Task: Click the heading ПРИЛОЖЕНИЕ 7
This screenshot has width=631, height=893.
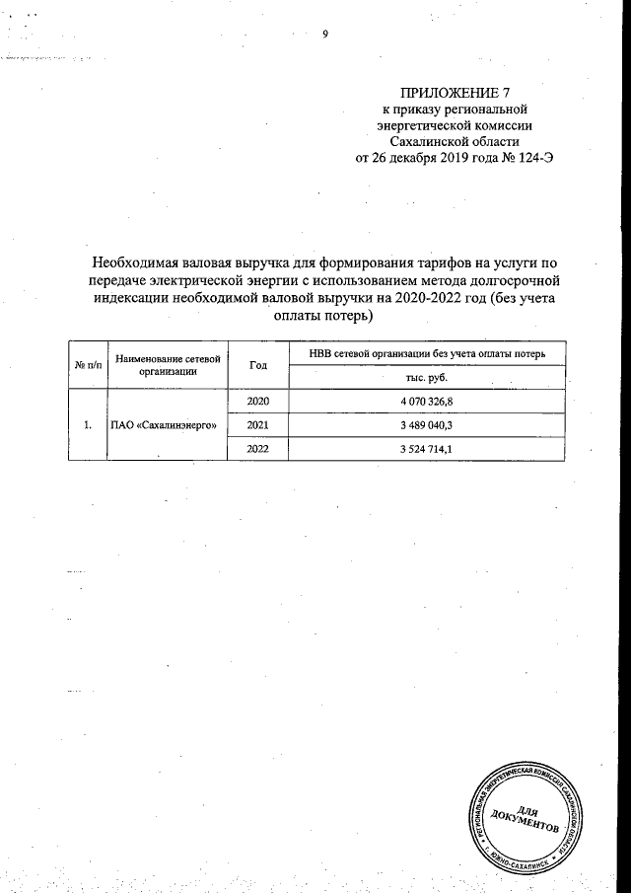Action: (x=456, y=92)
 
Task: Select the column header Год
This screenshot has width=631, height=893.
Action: (x=258, y=366)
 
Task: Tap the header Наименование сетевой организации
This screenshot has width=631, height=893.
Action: (x=166, y=366)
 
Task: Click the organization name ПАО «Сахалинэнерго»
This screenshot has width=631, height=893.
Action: (x=166, y=425)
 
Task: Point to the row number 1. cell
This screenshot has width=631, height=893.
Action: (x=87, y=425)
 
